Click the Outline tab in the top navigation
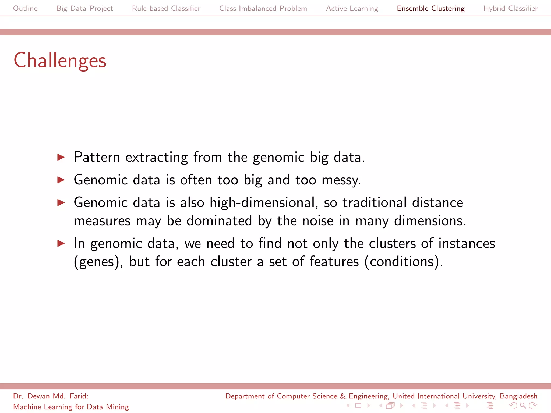[25, 8]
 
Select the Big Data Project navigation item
[84, 8]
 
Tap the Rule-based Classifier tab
[166, 8]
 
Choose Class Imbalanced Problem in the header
[263, 8]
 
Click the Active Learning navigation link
[352, 8]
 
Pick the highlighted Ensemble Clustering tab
[430, 8]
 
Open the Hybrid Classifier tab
[510, 8]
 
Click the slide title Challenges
[60, 60]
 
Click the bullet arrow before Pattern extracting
[61, 157]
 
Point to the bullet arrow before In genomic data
[61, 244]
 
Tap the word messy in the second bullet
[341, 180]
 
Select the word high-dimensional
[262, 202]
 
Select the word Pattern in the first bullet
[97, 157]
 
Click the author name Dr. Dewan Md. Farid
[51, 396]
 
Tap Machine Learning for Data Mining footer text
[71, 407]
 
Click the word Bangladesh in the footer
[518, 396]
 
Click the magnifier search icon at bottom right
[523, 405]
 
